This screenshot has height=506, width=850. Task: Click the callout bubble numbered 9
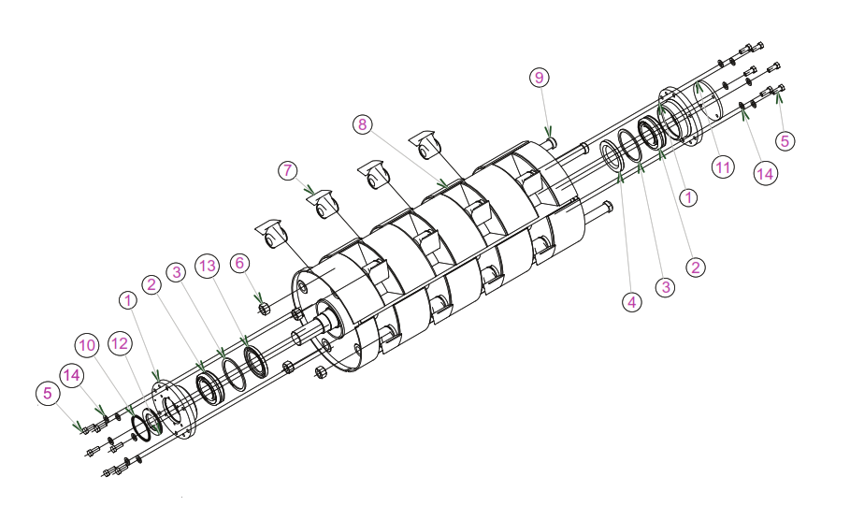(x=539, y=78)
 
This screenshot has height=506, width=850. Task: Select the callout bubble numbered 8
(x=363, y=124)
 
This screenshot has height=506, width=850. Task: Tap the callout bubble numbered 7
(x=288, y=170)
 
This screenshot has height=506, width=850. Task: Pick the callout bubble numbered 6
(x=239, y=263)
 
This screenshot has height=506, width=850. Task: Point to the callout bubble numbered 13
(x=208, y=266)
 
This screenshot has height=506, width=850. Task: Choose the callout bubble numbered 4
(x=632, y=302)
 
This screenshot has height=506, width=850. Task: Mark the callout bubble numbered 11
(x=723, y=167)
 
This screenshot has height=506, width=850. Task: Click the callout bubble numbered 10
(x=87, y=345)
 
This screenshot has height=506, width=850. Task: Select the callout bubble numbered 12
(x=120, y=343)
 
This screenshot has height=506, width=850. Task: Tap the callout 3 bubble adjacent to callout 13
(x=176, y=272)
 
